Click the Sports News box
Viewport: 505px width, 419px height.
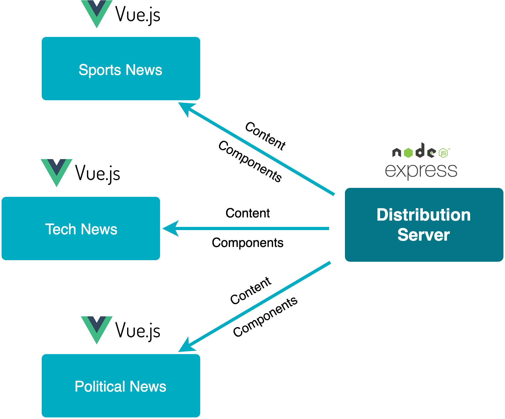(x=121, y=69)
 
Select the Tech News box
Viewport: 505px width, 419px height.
(x=81, y=228)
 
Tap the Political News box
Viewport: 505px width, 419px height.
(x=121, y=386)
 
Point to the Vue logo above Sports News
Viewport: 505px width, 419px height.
(x=97, y=13)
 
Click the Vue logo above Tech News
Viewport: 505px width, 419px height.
(x=57, y=172)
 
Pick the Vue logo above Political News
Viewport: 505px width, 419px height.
(x=97, y=329)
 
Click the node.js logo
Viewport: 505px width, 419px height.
(x=421, y=151)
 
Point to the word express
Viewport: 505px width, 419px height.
(x=421, y=170)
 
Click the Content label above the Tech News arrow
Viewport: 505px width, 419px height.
(x=247, y=213)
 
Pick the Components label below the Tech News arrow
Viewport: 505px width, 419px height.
(x=247, y=243)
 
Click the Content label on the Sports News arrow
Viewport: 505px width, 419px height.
(x=265, y=136)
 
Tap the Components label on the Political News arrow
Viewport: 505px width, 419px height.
(x=265, y=317)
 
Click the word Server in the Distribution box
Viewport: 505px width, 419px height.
(x=424, y=235)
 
